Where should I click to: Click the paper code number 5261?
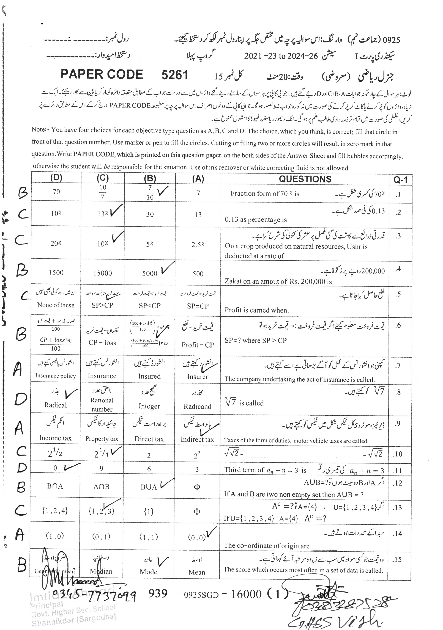tap(175, 75)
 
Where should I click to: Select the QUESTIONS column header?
tap(305, 179)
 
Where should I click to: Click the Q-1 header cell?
tap(400, 180)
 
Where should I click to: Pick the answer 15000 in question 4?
tap(102, 273)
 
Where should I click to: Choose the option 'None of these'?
tap(56, 305)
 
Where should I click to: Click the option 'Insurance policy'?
tap(56, 376)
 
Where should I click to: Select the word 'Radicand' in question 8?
tap(198, 406)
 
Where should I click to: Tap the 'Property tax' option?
tap(102, 439)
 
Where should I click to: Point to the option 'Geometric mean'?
tap(55, 571)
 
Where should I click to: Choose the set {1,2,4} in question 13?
tap(55, 511)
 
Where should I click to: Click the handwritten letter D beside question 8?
tap(21, 399)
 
